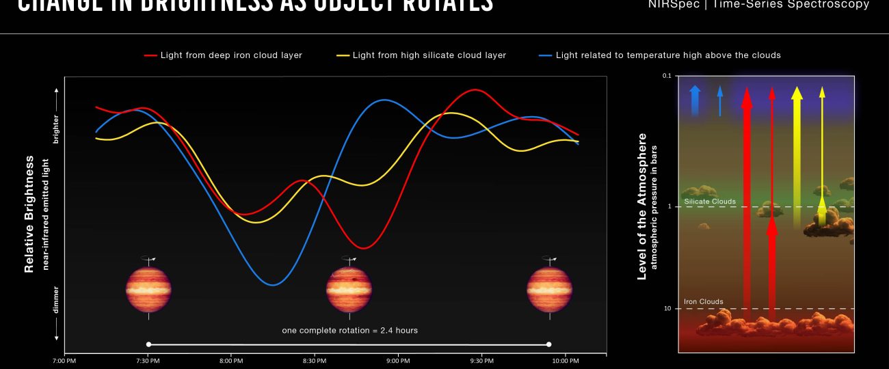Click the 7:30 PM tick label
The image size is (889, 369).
point(147,361)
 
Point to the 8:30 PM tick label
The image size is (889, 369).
point(314,361)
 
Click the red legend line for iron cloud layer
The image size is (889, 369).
point(150,55)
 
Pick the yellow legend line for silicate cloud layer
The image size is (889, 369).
point(343,55)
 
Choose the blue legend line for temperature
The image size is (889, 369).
point(546,55)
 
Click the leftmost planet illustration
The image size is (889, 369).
point(148,289)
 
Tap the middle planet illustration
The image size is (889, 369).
point(349,289)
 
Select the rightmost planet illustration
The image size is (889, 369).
point(548,289)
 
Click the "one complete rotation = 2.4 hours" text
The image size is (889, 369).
point(349,331)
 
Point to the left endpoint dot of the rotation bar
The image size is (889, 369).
point(149,344)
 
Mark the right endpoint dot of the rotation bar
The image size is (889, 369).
point(549,344)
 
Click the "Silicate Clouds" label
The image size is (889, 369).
point(710,202)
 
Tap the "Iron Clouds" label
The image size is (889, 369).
point(704,302)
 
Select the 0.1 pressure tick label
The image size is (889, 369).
point(667,76)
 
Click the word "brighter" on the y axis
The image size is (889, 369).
point(56,129)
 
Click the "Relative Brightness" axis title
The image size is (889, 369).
point(29,214)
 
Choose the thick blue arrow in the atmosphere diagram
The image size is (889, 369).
point(695,99)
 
